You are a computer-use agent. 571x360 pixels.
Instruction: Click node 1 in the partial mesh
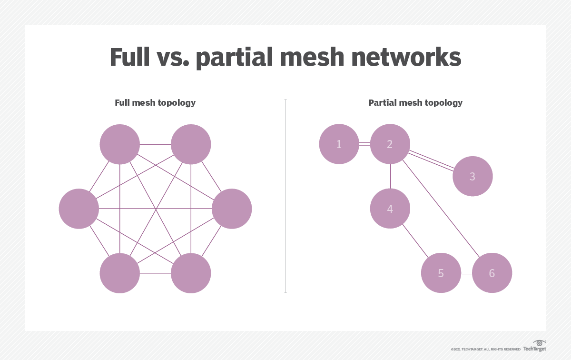[339, 144]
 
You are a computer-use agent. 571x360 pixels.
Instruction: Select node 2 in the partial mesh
[390, 144]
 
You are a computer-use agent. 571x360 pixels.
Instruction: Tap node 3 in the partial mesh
[473, 176]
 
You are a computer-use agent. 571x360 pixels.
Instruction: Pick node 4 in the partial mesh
[390, 209]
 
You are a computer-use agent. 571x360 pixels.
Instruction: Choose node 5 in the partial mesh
[441, 273]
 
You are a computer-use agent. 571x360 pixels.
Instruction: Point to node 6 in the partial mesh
[492, 273]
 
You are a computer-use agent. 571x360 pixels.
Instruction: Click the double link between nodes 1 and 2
[364, 144]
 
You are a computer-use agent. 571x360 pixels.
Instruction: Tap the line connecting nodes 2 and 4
[390, 176]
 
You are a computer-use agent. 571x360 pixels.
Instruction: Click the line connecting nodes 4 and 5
[415, 241]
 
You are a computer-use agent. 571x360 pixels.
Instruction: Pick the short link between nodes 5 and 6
[466, 274]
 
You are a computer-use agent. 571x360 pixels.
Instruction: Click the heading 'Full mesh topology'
[155, 103]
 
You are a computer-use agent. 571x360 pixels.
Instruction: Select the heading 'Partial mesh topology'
[415, 103]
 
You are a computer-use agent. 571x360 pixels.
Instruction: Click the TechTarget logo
[534, 346]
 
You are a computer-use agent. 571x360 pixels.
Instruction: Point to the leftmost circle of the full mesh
[79, 209]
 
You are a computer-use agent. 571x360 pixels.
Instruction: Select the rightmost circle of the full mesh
[232, 209]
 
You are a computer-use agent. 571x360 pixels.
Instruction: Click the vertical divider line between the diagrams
[285, 195]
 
